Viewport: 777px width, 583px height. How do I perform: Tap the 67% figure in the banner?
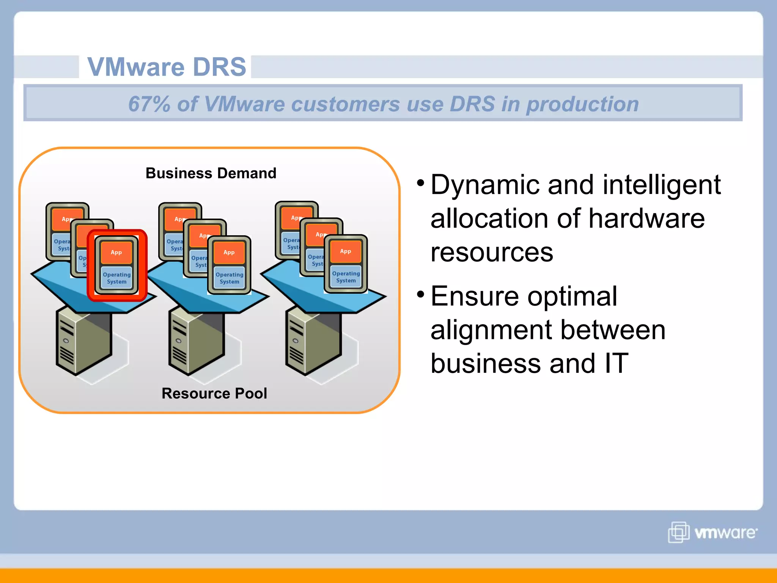tap(149, 104)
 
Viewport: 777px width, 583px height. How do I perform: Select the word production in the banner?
tap(582, 104)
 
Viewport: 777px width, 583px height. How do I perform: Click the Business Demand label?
tap(211, 173)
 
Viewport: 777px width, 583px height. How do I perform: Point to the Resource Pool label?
tap(214, 393)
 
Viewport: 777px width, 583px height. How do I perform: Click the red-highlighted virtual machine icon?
tap(117, 265)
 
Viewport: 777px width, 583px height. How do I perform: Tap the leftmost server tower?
tap(83, 342)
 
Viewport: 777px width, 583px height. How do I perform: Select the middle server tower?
tap(196, 342)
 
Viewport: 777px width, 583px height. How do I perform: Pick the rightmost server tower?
tap(313, 342)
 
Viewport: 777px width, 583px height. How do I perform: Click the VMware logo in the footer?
tap(713, 532)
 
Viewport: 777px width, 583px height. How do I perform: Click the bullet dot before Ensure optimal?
tap(420, 294)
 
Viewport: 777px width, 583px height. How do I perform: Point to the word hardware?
tap(646, 219)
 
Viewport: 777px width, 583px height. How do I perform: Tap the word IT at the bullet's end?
tap(616, 363)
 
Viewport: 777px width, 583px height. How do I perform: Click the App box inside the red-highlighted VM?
tap(116, 252)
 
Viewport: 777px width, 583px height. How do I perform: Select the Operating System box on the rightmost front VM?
tap(346, 277)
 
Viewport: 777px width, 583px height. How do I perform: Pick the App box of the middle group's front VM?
tap(229, 252)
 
